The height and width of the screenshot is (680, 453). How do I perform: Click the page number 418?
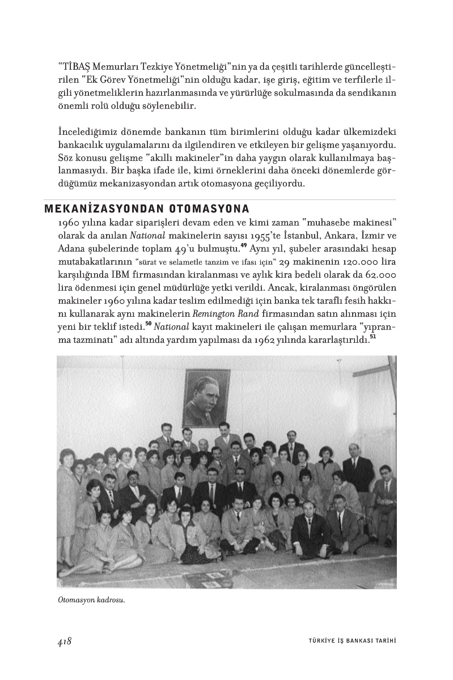[x=63, y=641]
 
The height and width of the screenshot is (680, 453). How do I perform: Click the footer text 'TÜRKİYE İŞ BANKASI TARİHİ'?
[x=348, y=641]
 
